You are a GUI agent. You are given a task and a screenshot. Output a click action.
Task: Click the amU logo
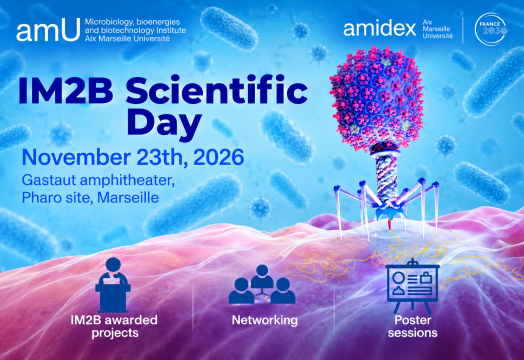[48, 30]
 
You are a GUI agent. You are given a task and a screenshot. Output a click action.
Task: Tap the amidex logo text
[380, 29]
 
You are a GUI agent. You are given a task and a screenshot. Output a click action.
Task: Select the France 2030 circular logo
[490, 29]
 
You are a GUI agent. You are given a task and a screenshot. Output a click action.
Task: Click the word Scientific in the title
[216, 91]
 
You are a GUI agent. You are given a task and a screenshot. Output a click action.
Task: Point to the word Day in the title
[164, 124]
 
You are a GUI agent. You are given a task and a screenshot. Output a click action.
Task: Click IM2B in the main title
[66, 91]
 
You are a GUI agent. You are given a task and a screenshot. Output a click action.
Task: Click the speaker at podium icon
[113, 285]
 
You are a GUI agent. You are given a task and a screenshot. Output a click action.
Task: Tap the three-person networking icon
[262, 284]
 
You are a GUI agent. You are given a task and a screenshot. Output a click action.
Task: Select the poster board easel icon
[412, 285]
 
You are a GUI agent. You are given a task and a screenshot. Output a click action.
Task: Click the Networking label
[265, 320]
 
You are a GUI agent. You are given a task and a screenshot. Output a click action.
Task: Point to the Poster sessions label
[413, 326]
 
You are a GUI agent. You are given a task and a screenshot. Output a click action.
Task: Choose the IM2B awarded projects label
[114, 326]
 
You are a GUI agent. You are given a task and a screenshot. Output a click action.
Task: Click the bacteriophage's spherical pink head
[377, 98]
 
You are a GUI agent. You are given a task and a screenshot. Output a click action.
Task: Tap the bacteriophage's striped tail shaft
[387, 178]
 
